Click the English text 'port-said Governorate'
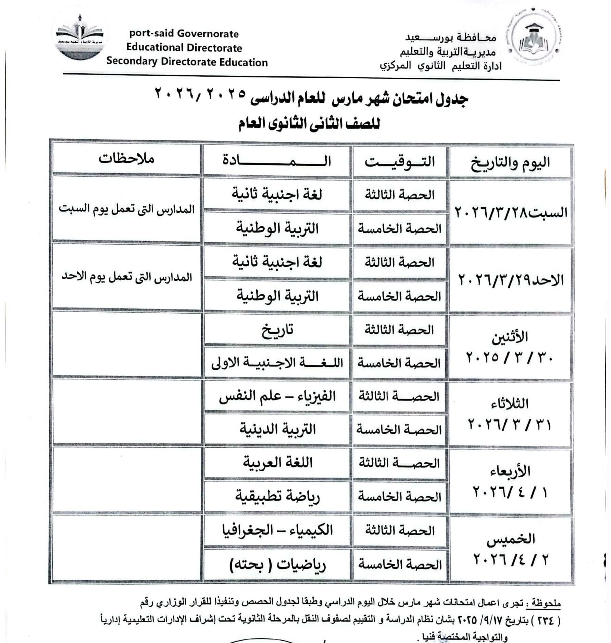(x=184, y=34)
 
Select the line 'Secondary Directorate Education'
(x=187, y=62)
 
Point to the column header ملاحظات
(x=126, y=159)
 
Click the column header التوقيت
(x=399, y=161)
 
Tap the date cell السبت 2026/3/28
(x=511, y=212)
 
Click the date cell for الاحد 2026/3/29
(x=511, y=280)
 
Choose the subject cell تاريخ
(x=277, y=330)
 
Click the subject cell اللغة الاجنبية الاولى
(x=277, y=363)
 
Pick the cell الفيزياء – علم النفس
(x=277, y=396)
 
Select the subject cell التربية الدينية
(x=277, y=429)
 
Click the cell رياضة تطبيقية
(x=277, y=496)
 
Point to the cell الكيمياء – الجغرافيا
(x=277, y=530)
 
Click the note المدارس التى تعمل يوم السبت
(x=126, y=209)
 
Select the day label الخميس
(x=511, y=539)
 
